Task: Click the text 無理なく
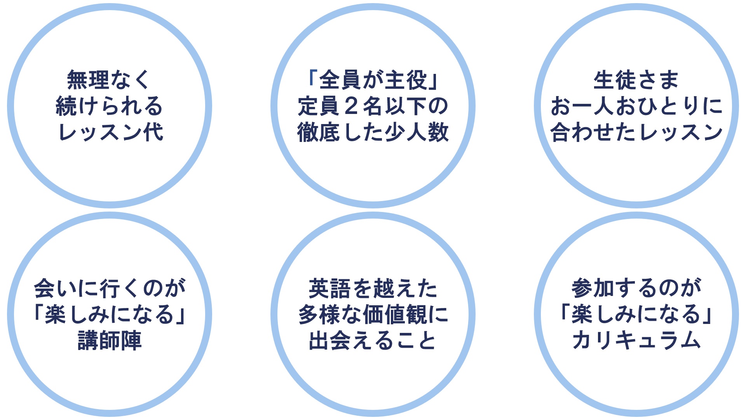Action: tap(109, 80)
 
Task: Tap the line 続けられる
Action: tap(109, 106)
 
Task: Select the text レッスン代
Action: tap(110, 132)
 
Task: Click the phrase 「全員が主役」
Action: tap(373, 80)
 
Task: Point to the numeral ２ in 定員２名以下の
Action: tap(351, 106)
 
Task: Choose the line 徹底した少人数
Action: tap(373, 132)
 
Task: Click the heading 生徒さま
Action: tap(636, 80)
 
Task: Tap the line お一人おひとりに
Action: tap(636, 106)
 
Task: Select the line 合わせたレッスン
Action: tap(636, 132)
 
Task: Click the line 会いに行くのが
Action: tap(110, 288)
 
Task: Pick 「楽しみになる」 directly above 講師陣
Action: tap(110, 314)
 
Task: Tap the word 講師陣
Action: tap(110, 341)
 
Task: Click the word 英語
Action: tap(330, 288)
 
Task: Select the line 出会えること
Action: tap(373, 341)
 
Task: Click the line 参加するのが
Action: tap(636, 288)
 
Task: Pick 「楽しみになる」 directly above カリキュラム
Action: tap(636, 314)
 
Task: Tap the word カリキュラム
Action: tap(636, 341)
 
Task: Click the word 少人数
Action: tap(417, 132)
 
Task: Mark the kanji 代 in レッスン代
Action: tap(153, 132)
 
